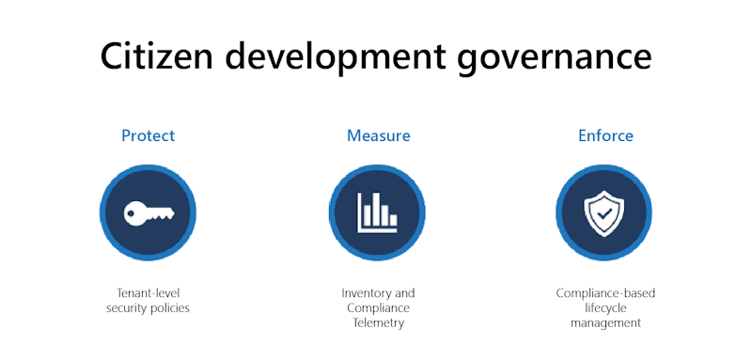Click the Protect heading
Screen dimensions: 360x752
click(148, 135)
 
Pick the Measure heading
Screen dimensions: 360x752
click(378, 135)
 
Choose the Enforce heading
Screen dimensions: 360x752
click(605, 135)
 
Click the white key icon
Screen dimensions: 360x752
click(148, 212)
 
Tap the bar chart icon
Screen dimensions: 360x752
click(377, 212)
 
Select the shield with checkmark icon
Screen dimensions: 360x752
click(603, 212)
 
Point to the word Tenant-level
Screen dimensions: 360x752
click(148, 293)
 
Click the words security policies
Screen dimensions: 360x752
click(148, 308)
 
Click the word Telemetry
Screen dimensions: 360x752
click(378, 322)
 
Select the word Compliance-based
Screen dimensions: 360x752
click(605, 293)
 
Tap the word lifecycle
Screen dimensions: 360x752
click(605, 308)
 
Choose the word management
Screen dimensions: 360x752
click(605, 322)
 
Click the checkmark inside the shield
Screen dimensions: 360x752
click(603, 213)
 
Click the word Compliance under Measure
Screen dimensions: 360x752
click(378, 308)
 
